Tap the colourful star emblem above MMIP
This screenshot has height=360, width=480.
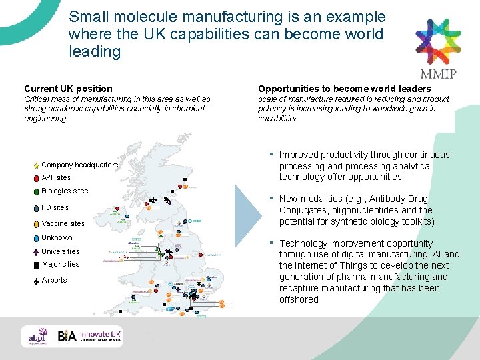[438, 39]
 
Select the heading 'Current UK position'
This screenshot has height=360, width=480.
[68, 89]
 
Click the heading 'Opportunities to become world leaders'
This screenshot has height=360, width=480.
[344, 89]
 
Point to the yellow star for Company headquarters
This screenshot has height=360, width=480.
[36, 165]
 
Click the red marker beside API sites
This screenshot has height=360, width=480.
[36, 178]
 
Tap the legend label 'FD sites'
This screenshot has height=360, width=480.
[55, 207]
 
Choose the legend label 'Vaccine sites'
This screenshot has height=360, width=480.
[63, 223]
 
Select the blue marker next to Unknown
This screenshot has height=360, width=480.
[36, 238]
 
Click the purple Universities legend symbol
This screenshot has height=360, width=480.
[36, 252]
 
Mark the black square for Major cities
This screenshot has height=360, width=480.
[36, 265]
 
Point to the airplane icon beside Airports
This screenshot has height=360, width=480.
[36, 281]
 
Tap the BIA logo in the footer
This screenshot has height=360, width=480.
[67, 337]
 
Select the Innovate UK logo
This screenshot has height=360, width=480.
[101, 337]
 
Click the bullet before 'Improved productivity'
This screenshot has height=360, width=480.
[272, 154]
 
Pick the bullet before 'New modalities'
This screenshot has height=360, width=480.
[272, 198]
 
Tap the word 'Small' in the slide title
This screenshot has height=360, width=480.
[87, 17]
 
